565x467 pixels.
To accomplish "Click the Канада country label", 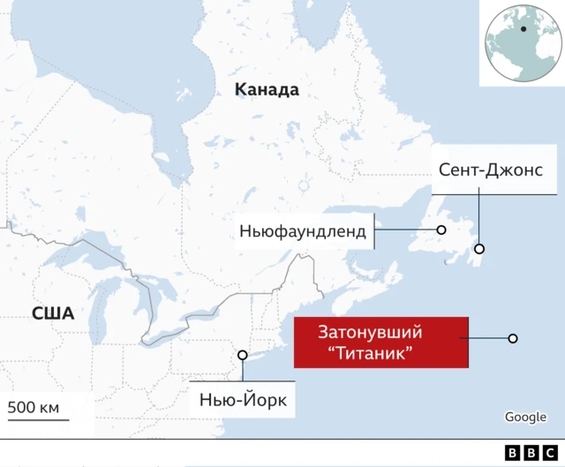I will (x=267, y=90).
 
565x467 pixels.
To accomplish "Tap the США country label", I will (x=52, y=313).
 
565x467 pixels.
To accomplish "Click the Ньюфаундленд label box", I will (x=302, y=231).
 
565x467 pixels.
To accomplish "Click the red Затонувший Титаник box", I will (x=380, y=343).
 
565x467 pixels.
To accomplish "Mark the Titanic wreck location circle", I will (x=512, y=338).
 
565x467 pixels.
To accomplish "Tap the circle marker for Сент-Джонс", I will (x=479, y=249).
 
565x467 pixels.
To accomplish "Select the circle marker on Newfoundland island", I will (x=441, y=230).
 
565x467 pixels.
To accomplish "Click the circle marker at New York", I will (x=243, y=356).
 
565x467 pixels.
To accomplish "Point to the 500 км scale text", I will (x=34, y=407).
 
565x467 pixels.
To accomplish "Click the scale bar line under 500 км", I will (x=38, y=419).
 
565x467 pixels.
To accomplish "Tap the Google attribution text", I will (x=525, y=418).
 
